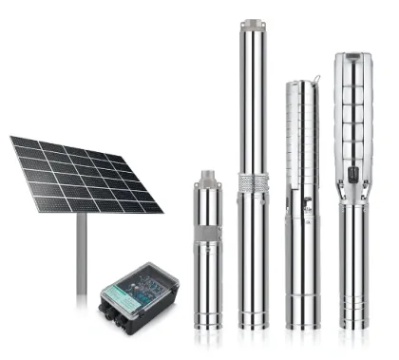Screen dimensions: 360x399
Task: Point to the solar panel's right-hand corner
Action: coord(162,210)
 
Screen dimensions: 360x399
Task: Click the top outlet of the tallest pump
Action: coord(252,23)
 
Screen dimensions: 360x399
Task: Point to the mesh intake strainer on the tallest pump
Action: coord(253,180)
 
